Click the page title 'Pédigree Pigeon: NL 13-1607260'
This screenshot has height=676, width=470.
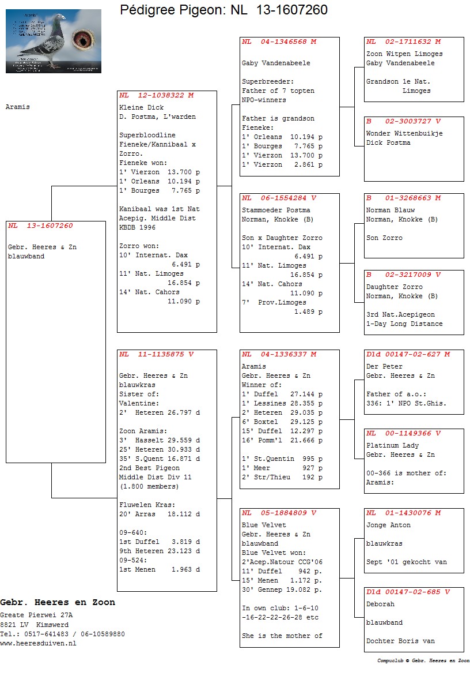(x=223, y=10)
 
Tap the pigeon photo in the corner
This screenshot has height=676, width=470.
(x=54, y=41)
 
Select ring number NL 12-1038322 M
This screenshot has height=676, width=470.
(x=157, y=95)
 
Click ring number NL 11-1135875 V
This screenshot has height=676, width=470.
(x=157, y=354)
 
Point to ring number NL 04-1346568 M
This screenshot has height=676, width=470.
(x=279, y=42)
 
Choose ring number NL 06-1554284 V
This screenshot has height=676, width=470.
(x=279, y=198)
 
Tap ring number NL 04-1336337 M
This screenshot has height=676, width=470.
(x=279, y=354)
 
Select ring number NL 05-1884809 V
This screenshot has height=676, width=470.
(x=279, y=513)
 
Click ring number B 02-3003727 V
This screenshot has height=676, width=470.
(x=403, y=121)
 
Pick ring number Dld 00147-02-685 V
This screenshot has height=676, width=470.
(x=408, y=592)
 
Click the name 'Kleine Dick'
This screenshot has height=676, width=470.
(x=141, y=107)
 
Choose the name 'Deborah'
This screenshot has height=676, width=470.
(x=380, y=604)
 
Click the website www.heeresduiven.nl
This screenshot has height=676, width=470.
(x=38, y=643)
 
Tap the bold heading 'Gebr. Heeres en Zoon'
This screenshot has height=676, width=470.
(x=58, y=602)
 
